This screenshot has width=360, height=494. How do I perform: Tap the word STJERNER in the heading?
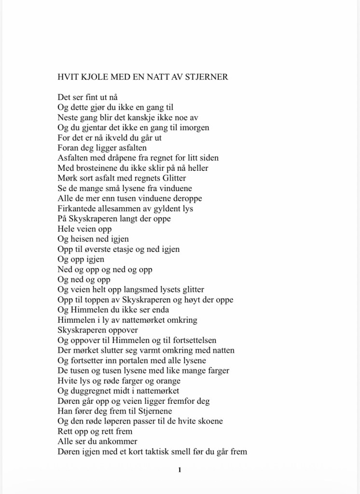click(208, 76)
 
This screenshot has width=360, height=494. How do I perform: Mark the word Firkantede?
click(77, 208)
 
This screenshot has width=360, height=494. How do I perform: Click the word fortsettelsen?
click(192, 340)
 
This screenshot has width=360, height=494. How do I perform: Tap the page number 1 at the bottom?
click(180, 469)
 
